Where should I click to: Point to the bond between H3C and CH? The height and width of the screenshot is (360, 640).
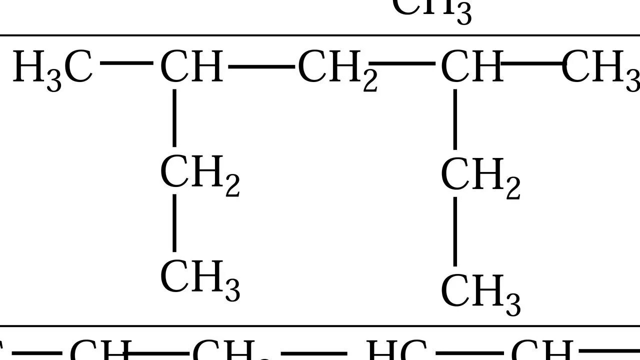tap(126, 63)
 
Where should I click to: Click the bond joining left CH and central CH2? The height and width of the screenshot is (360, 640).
tap(261, 66)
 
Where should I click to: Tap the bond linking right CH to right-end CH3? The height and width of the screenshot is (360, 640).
tap(532, 64)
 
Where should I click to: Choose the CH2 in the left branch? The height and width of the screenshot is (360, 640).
tap(199, 175)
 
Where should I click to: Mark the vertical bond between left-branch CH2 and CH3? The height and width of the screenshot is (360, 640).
tap(174, 222)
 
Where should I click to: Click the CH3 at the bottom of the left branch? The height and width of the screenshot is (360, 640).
tap(199, 279)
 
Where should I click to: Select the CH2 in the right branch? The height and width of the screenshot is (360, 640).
tap(479, 177)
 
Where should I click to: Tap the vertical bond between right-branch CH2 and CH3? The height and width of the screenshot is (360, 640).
tap(455, 231)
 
